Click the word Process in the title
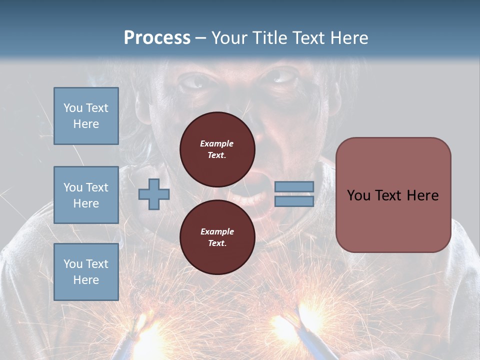157,37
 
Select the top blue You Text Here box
86,116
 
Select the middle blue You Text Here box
86,195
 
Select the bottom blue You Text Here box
86,271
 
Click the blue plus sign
153,194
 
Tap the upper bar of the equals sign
294,186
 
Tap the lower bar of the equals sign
294,201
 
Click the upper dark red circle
217,149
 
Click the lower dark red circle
217,237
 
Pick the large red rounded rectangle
393,195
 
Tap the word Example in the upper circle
217,143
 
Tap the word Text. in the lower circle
217,243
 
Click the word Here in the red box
422,195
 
